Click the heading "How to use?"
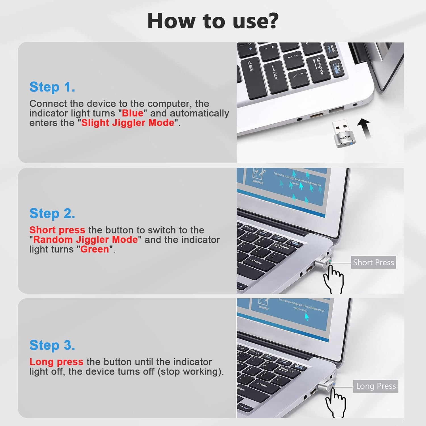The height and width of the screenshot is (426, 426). [213, 21]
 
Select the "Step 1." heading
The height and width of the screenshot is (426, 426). [52, 87]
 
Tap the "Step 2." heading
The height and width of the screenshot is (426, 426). [52, 213]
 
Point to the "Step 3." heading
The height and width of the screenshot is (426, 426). [52, 345]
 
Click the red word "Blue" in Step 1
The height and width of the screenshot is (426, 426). [133, 113]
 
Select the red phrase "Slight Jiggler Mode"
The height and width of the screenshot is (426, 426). [128, 123]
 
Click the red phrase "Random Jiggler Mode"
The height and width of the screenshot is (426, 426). [85, 239]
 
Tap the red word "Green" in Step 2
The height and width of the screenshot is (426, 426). [95, 249]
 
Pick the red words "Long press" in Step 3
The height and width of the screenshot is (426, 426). [56, 362]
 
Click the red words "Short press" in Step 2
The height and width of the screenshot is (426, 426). [57, 230]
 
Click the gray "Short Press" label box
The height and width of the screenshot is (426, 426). [373, 262]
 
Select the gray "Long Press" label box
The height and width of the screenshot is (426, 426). [375, 386]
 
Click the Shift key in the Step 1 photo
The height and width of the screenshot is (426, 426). [250, 68]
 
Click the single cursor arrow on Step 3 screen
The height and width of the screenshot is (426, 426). [306, 316]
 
